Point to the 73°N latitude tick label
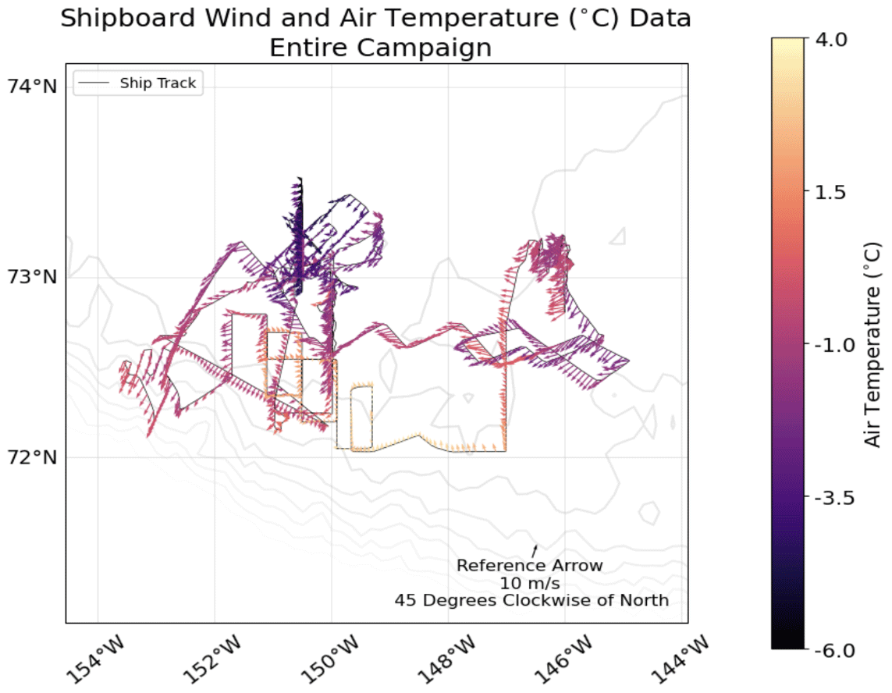tap(32, 277)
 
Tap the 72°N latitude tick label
tap(32, 457)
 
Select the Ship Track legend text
tap(158, 84)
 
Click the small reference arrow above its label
tap(535, 551)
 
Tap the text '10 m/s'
tap(531, 583)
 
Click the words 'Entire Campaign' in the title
tap(380, 48)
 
